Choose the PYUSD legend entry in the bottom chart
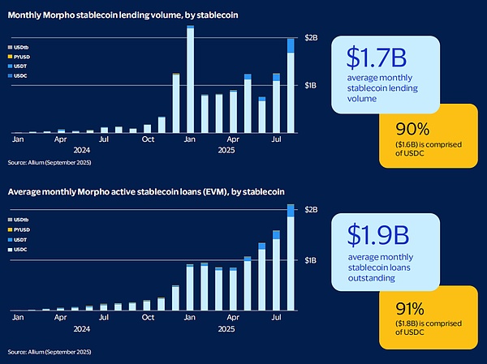(30, 229)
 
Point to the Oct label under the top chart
(148, 139)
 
